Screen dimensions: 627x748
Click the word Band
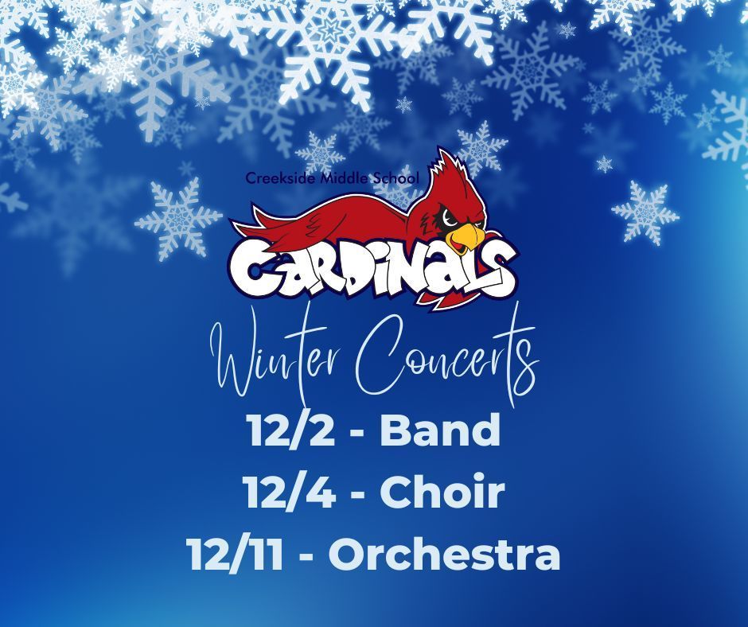440,430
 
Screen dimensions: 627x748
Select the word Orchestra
444,555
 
